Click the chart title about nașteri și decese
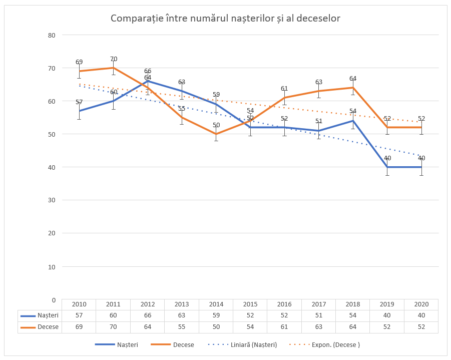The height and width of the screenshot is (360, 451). tap(225, 19)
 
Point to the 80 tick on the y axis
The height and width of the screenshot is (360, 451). tap(51, 35)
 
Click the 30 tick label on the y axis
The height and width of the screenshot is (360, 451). tap(51, 200)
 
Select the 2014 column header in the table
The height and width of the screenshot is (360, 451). tap(216, 304)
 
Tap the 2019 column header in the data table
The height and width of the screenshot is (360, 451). tap(387, 304)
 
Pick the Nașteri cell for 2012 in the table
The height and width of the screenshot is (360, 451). tap(147, 315)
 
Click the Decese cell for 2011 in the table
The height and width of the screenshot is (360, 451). tap(113, 327)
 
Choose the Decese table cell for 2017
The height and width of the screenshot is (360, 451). tap(318, 327)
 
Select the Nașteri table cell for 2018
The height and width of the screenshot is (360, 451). tap(353, 315)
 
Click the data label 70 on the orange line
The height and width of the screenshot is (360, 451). tap(114, 59)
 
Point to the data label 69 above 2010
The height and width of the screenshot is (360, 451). tap(79, 62)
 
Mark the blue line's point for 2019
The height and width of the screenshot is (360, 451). tap(387, 167)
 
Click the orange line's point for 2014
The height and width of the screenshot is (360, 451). tap(216, 134)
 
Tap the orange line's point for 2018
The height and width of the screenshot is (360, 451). tap(353, 88)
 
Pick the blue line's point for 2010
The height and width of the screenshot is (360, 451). tap(79, 111)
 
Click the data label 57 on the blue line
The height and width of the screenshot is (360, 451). tap(79, 102)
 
